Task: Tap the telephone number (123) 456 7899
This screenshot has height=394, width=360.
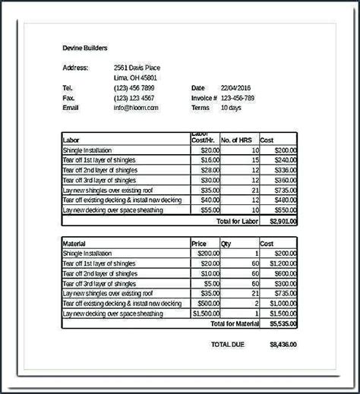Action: pos(134,87)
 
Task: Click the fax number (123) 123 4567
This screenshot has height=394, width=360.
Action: pos(134,97)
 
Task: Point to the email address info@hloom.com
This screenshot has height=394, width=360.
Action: pos(137,108)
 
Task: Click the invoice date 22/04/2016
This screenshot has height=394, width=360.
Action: pos(238,87)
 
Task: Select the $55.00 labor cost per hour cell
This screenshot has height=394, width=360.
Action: pos(210,210)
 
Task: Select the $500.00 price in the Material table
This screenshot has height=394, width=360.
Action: pos(209,302)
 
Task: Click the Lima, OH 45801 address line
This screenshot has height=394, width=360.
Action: pos(136,77)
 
